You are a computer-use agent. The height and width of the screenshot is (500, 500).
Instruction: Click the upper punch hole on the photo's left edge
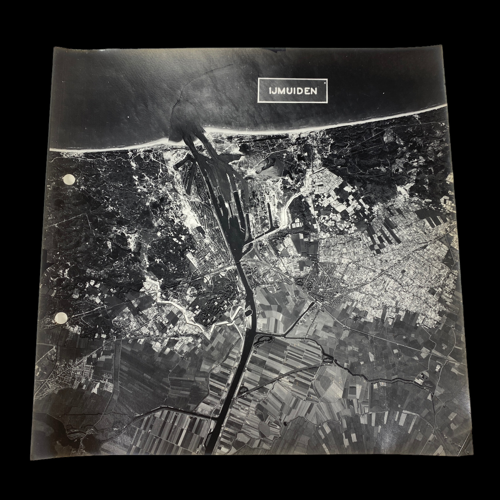[69, 179]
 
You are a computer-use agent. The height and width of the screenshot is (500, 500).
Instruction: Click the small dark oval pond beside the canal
[248, 313]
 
